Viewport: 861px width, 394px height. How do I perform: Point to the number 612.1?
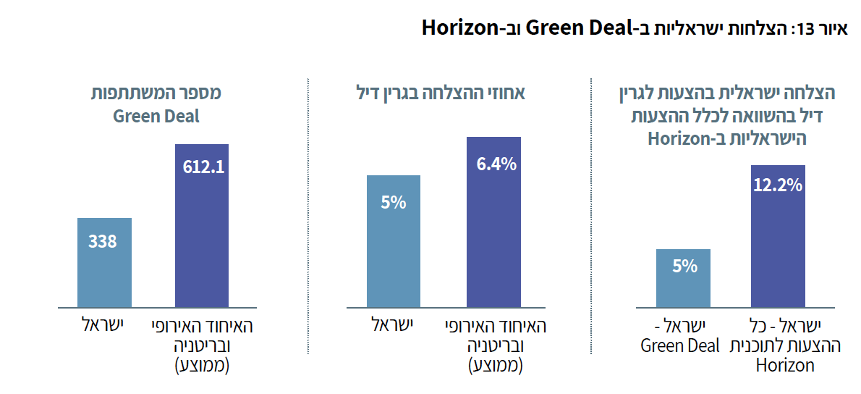[x=202, y=167]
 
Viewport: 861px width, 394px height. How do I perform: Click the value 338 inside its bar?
[x=103, y=241]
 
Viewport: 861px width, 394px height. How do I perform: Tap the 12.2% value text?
[x=778, y=185]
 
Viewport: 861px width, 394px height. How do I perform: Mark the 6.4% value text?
[x=496, y=164]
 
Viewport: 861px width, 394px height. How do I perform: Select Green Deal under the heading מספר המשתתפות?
[x=156, y=116]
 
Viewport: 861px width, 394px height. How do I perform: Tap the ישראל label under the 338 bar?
[x=102, y=325]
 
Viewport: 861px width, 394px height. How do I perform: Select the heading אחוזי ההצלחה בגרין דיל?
[x=441, y=94]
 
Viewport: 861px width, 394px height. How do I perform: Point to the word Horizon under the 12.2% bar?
[x=785, y=365]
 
